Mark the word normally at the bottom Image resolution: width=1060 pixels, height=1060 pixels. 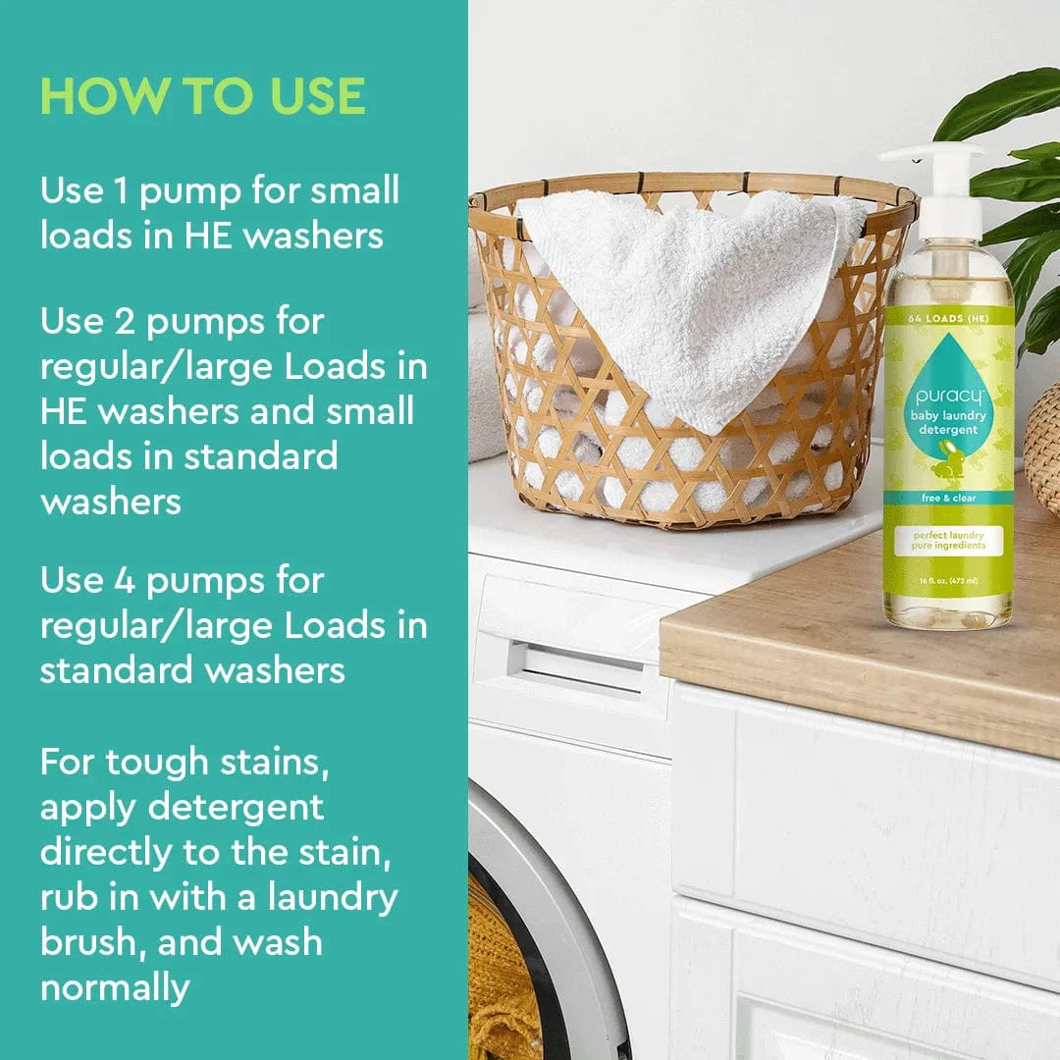[114, 986]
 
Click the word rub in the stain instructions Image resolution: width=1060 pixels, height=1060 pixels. [68, 896]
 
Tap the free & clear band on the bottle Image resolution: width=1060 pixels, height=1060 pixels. [947, 498]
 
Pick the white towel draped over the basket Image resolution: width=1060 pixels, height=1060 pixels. [687, 285]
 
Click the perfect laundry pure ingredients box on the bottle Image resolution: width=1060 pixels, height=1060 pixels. [947, 540]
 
